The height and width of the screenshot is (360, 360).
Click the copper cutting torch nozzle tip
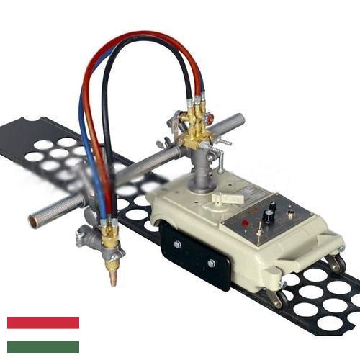113,278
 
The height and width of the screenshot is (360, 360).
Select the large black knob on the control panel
269,215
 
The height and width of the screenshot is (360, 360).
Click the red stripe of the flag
42,322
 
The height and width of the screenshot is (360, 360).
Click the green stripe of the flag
42,347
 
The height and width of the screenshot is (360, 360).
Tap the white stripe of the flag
42,335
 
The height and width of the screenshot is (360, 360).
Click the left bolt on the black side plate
177,244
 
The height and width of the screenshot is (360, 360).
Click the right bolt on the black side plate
211,263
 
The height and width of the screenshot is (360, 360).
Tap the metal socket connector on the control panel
290,213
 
